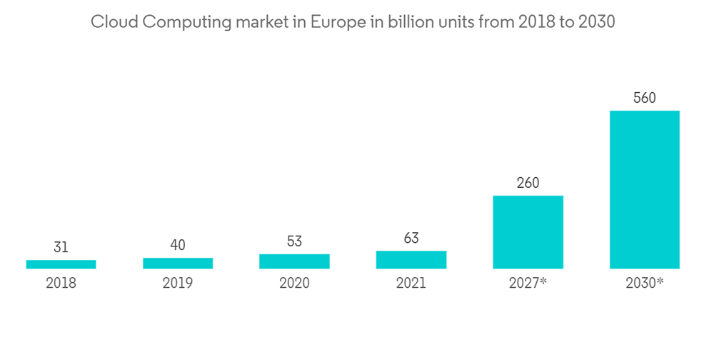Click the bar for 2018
click(x=61, y=264)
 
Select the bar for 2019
click(x=178, y=263)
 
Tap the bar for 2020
click(x=294, y=261)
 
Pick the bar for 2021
click(x=411, y=260)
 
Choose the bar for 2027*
click(x=528, y=232)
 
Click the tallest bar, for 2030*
click(x=644, y=189)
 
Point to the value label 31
click(x=61, y=248)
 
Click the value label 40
click(x=178, y=245)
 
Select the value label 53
click(x=294, y=241)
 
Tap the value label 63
click(x=411, y=238)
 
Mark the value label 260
click(x=528, y=183)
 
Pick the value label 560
click(x=644, y=98)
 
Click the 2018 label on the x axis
click(x=61, y=283)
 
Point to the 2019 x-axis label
click(x=178, y=283)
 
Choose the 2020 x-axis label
click(x=294, y=283)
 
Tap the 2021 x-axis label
click(x=411, y=283)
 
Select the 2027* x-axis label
click(x=528, y=283)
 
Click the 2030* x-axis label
click(x=644, y=283)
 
